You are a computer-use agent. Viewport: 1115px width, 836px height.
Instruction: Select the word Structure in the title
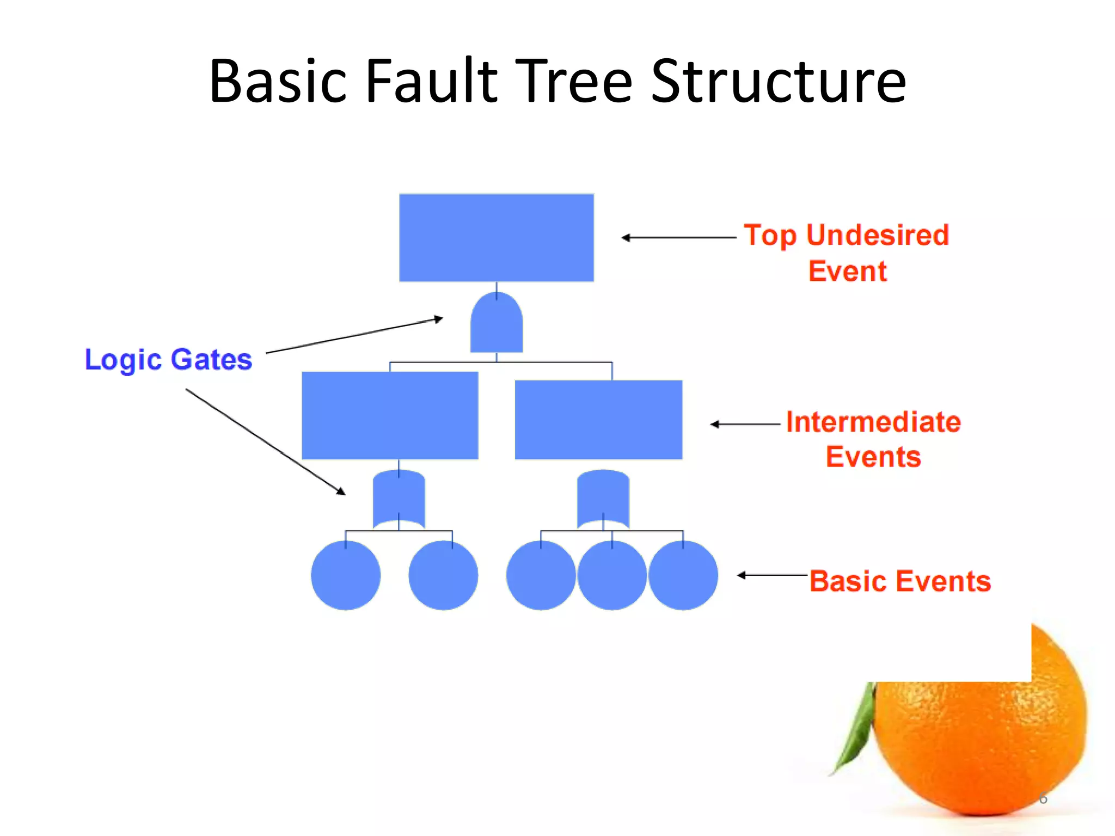[779, 82]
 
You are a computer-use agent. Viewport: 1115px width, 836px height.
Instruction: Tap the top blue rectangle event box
[496, 237]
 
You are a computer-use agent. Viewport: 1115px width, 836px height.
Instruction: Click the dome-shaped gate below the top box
[496, 324]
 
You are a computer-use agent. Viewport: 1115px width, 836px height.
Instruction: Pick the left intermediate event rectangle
[390, 415]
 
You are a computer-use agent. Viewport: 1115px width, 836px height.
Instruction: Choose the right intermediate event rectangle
[598, 420]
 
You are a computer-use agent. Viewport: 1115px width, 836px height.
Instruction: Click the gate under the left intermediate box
[399, 498]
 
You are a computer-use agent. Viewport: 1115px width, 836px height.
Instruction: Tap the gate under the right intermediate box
[603, 498]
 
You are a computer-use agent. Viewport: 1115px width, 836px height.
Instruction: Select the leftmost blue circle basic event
[346, 575]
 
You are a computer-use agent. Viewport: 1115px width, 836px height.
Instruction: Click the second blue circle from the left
[443, 575]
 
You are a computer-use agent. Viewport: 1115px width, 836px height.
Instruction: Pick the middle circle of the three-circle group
[612, 575]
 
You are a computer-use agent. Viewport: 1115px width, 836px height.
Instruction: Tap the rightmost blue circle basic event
[683, 575]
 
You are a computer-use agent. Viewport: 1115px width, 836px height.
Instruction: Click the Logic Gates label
[168, 360]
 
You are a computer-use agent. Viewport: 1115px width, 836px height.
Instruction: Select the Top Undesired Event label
[847, 253]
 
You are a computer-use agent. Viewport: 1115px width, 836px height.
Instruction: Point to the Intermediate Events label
[873, 439]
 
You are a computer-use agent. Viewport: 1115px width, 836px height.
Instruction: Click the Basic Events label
[900, 581]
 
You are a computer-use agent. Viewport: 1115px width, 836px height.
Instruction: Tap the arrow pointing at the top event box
[678, 238]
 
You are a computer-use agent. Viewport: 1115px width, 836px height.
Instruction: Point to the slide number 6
[1043, 798]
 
